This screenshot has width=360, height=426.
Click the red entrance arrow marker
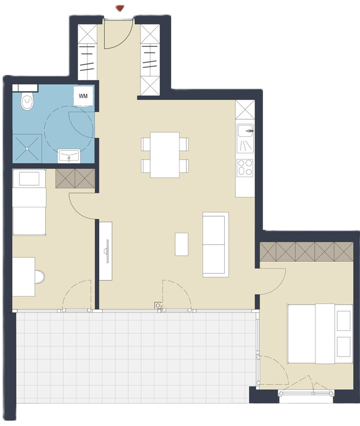coord(120,8)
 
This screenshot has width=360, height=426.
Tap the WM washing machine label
coord(83,96)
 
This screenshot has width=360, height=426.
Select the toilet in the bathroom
coord(27,100)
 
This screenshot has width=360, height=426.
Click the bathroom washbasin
coord(69,156)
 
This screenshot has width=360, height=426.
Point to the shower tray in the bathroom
coord(27,148)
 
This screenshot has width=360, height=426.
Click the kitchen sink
coord(245,138)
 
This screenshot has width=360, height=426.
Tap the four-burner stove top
coord(245,167)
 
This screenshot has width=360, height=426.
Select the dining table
coord(165,154)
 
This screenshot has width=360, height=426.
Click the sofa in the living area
coord(215,244)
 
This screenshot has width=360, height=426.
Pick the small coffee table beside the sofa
coord(182,244)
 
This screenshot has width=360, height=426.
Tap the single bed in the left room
coord(29,202)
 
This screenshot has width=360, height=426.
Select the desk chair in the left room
coord(40,277)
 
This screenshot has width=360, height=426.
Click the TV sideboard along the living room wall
coord(105,251)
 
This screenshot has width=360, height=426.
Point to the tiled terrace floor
coord(133,358)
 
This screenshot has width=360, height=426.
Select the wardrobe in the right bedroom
coord(307,251)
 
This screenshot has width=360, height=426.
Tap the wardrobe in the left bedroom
coord(75,179)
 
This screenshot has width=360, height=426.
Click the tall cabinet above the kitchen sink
coord(245,110)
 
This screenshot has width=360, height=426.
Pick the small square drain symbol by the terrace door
coord(158,306)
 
